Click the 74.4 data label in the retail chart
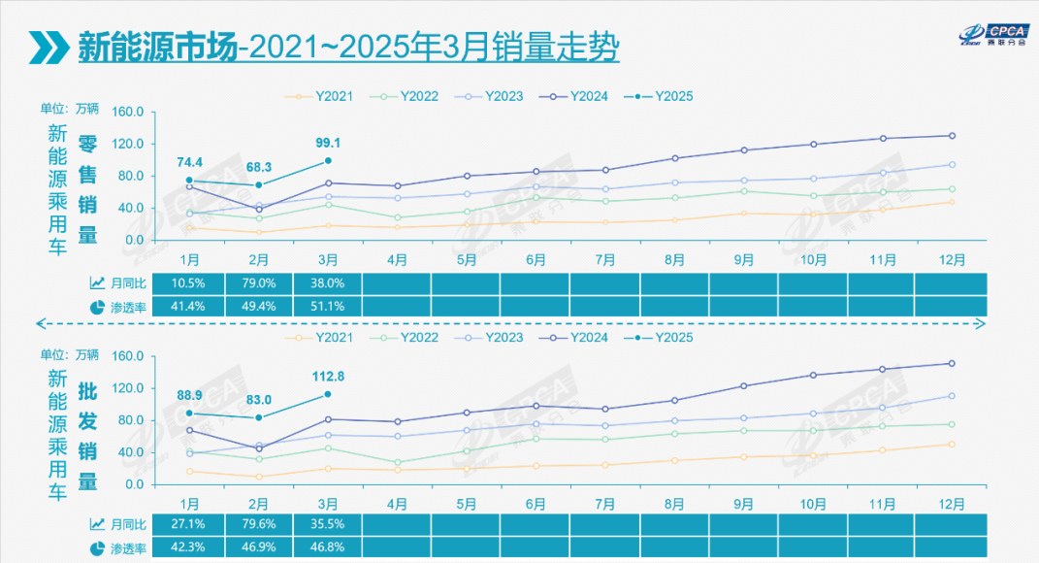point(190,161)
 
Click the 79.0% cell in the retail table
point(257,283)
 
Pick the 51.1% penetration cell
point(327,306)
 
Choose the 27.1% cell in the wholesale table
point(188,524)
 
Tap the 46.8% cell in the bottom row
point(327,547)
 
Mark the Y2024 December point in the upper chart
point(952,136)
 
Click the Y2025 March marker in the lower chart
point(328,394)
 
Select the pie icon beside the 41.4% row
point(97,307)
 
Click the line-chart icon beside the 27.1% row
point(97,524)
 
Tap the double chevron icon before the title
point(47,47)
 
